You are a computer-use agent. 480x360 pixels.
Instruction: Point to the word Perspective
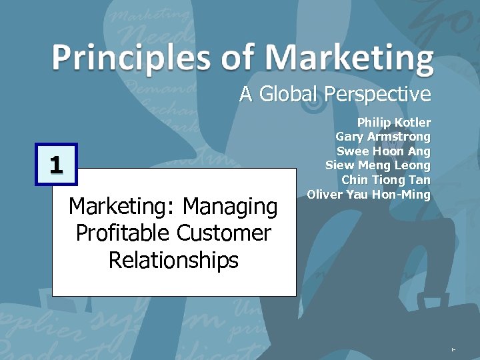[x=377, y=94]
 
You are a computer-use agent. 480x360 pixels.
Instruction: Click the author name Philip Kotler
[x=394, y=123]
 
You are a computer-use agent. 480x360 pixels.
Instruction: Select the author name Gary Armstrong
[x=383, y=137]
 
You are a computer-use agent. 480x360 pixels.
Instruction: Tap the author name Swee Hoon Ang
[x=384, y=151]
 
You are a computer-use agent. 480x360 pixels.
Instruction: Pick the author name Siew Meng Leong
[x=378, y=165]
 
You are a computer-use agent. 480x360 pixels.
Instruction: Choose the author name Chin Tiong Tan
[x=386, y=179]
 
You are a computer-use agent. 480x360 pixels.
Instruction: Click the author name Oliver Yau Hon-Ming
[x=369, y=194]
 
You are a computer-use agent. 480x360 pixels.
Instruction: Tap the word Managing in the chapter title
[x=230, y=207]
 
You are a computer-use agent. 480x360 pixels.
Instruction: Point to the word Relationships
[x=173, y=260]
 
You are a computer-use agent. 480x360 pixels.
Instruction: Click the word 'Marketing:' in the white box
[x=123, y=207]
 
